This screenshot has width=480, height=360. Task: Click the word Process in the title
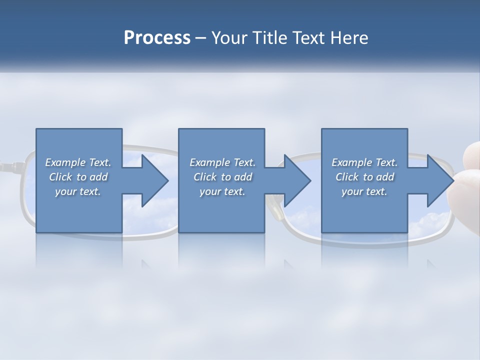point(157,38)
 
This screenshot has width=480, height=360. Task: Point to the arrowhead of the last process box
point(439,180)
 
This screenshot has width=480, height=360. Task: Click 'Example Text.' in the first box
point(78,162)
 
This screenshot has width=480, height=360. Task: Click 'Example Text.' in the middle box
point(222,162)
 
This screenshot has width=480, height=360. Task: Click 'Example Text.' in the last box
point(364,162)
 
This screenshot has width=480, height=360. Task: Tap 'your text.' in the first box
point(78,191)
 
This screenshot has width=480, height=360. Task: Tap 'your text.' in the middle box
point(222,191)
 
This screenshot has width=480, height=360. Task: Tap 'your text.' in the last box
point(364,191)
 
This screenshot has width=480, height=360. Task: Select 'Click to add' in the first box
point(78,177)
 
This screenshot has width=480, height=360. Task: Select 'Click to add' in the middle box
point(222,177)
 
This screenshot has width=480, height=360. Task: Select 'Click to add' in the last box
point(364,177)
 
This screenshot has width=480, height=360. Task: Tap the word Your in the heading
point(228,38)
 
